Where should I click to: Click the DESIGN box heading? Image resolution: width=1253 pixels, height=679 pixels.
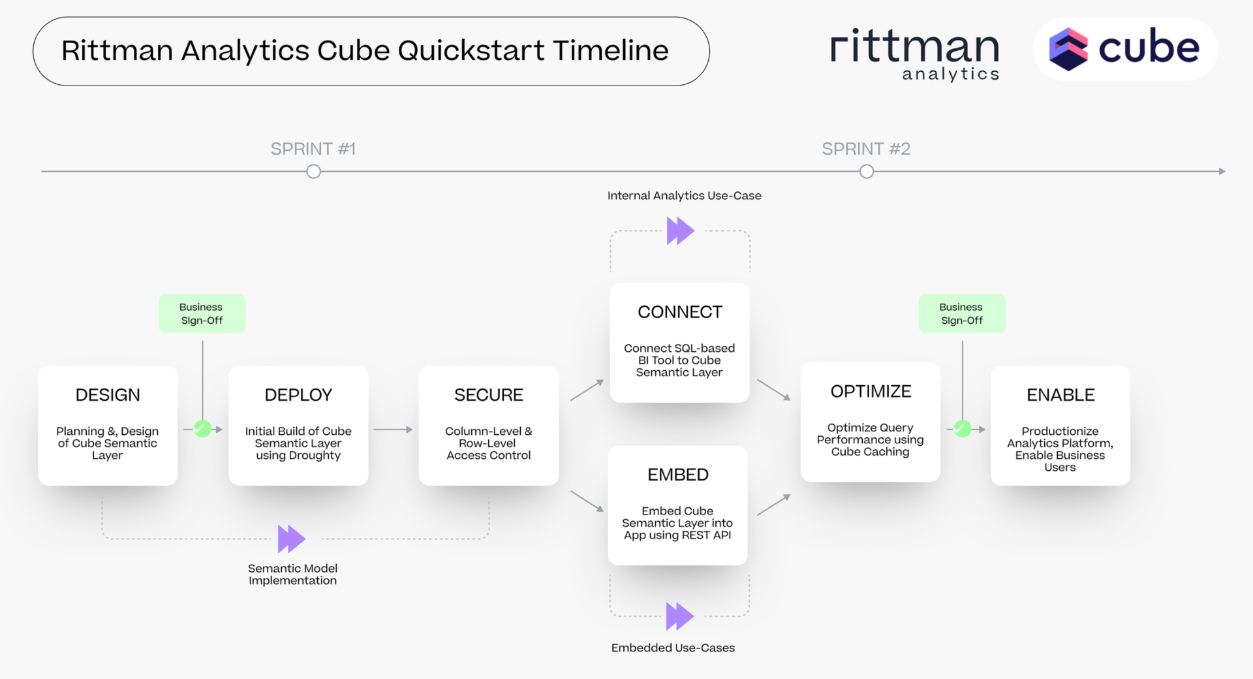point(108,395)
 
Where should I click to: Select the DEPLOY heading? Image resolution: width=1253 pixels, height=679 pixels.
point(298,395)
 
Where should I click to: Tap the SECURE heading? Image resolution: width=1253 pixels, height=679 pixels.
point(488,395)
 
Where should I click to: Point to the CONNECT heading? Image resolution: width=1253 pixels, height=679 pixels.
point(679,312)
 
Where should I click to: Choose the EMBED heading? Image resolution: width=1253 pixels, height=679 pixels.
point(677,475)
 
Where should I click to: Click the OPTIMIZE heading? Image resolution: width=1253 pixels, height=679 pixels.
point(871,392)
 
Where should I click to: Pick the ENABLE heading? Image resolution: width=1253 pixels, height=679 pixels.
point(1060,395)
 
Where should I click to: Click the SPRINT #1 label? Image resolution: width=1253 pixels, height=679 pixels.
point(313,149)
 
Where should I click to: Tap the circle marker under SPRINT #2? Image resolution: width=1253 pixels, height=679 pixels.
point(867,172)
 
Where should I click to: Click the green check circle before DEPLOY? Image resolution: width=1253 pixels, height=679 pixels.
point(202,429)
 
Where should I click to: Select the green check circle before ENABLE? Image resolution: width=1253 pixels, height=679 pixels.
point(962,429)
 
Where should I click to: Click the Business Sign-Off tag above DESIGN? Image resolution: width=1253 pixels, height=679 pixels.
point(202,313)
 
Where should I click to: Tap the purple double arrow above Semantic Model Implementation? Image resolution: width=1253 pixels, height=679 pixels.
point(291,539)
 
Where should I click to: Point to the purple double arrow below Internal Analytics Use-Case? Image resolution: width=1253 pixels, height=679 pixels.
point(680,230)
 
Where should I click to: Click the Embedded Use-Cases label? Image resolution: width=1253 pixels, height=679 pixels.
point(673,648)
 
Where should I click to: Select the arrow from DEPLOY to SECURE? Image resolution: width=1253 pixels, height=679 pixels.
point(393,430)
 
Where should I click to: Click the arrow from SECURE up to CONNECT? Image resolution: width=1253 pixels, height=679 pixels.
point(587,390)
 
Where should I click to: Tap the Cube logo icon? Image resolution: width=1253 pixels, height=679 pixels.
point(1068,49)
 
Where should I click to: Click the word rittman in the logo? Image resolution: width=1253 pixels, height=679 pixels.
point(914,47)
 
